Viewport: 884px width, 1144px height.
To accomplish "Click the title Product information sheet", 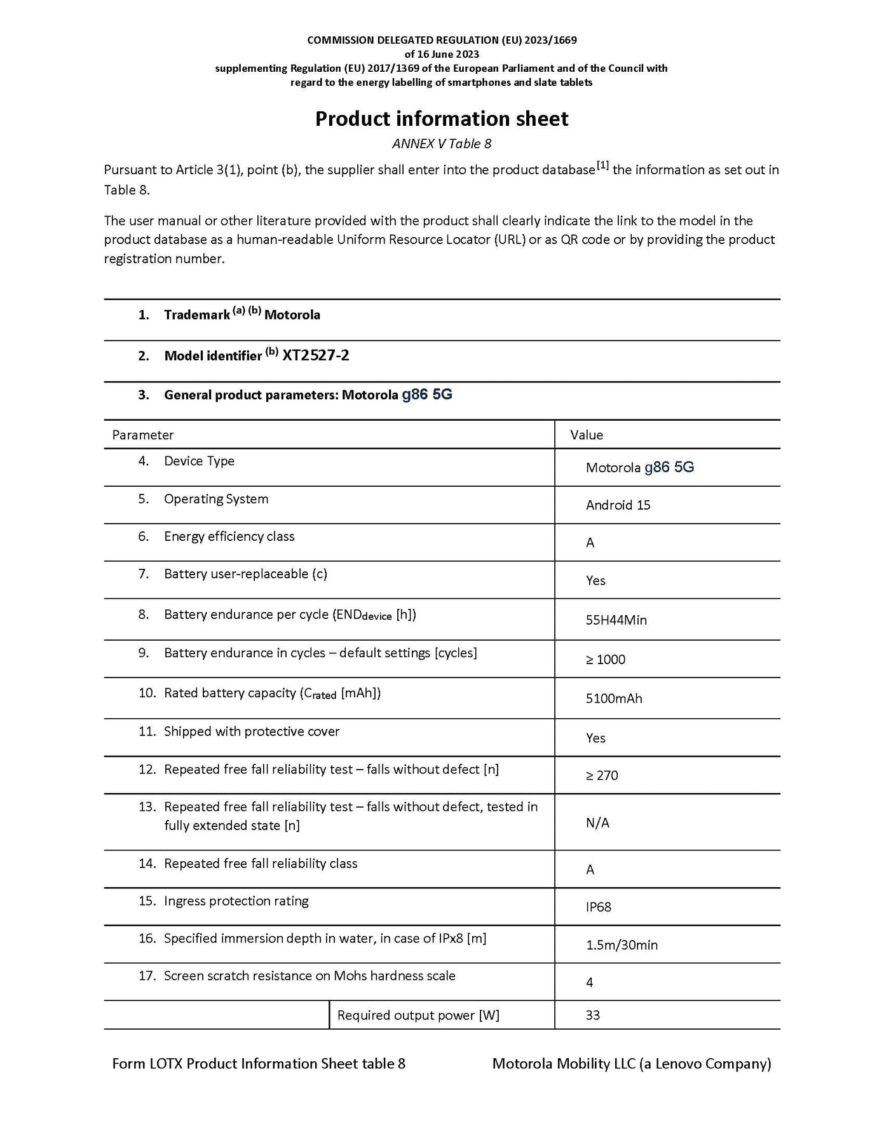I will pos(442,119).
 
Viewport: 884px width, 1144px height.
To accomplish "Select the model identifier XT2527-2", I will pos(316,355).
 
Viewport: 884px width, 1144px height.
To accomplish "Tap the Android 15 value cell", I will pos(618,505).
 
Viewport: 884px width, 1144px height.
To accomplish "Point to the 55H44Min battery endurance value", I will pos(616,620).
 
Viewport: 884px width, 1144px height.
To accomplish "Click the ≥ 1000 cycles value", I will pos(606,660).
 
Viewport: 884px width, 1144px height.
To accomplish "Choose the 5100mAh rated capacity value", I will pos(614,698).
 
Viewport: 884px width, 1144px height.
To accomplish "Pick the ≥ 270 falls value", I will pos(602,775).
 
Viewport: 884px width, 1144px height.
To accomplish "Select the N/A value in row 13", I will pos(597,823).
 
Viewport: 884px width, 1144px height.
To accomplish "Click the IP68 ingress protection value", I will pos(598,907).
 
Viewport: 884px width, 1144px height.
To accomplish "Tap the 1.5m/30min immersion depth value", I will pos(622,945).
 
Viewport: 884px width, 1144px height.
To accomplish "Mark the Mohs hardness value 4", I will pos(590,983).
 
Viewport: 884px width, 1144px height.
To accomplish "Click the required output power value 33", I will pos(592,1016).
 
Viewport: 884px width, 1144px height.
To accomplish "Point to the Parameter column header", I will pos(143,435).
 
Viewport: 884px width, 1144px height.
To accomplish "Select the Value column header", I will pos(587,435).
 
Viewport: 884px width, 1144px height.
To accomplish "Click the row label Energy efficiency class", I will pos(229,536).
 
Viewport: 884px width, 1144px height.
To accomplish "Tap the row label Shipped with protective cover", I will pos(252,732).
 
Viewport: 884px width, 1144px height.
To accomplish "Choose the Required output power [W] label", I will pos(418,1016).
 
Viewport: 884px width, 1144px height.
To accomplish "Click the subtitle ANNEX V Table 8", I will pos(442,144).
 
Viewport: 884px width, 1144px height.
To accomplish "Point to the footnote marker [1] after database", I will pos(602,166).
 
